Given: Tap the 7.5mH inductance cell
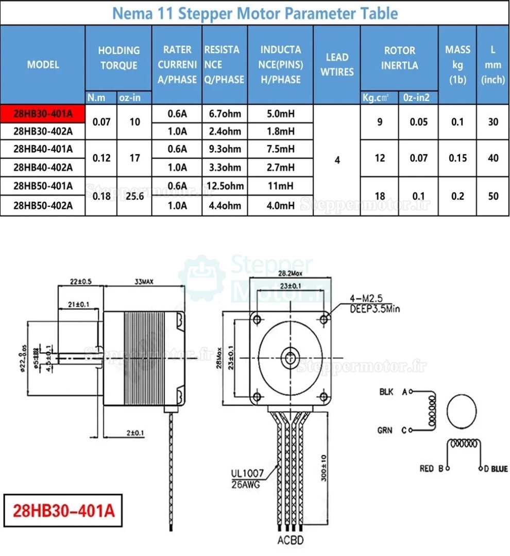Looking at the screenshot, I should point(280,149).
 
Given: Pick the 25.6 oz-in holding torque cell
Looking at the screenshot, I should point(134,195).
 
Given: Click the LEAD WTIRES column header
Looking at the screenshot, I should point(337,64).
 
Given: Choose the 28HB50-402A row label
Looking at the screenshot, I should point(43,206).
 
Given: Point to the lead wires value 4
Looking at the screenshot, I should point(337,160).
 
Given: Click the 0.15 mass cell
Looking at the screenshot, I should point(457,158).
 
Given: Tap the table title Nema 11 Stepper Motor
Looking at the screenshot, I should point(254,13).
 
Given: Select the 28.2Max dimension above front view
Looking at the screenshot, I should point(290,273).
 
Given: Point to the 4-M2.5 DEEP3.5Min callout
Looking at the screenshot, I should point(375,304).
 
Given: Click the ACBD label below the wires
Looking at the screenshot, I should point(291,541).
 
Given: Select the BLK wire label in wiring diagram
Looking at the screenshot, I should point(386,392).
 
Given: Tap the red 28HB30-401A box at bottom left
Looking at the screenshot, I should point(64,511).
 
